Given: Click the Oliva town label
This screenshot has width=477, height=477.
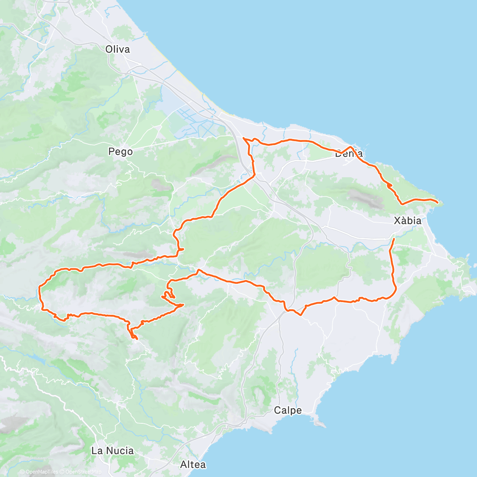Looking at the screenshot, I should point(118,49).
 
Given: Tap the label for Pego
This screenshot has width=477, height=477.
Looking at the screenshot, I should point(120,151).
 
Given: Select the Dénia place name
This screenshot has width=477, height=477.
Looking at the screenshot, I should point(349,153).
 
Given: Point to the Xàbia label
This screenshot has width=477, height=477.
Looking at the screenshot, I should point(408,220).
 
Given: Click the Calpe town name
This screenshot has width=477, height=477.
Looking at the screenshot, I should point(288,410).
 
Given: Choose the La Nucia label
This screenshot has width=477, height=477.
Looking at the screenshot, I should point(112,451).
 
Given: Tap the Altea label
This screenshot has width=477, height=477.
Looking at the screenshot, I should point(193,464).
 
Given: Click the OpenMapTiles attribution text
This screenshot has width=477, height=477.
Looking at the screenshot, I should point(41,472).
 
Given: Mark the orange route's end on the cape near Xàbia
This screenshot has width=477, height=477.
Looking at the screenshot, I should point(438,203).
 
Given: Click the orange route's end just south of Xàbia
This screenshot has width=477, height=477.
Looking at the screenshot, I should point(394,239).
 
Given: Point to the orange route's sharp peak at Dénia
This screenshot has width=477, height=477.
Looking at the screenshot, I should point(351,147).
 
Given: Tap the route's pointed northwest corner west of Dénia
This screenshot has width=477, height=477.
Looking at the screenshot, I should point(243,138).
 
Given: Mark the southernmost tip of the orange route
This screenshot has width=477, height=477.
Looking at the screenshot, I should point(136,339).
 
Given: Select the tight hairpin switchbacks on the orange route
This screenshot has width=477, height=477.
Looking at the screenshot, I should point(168,295).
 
